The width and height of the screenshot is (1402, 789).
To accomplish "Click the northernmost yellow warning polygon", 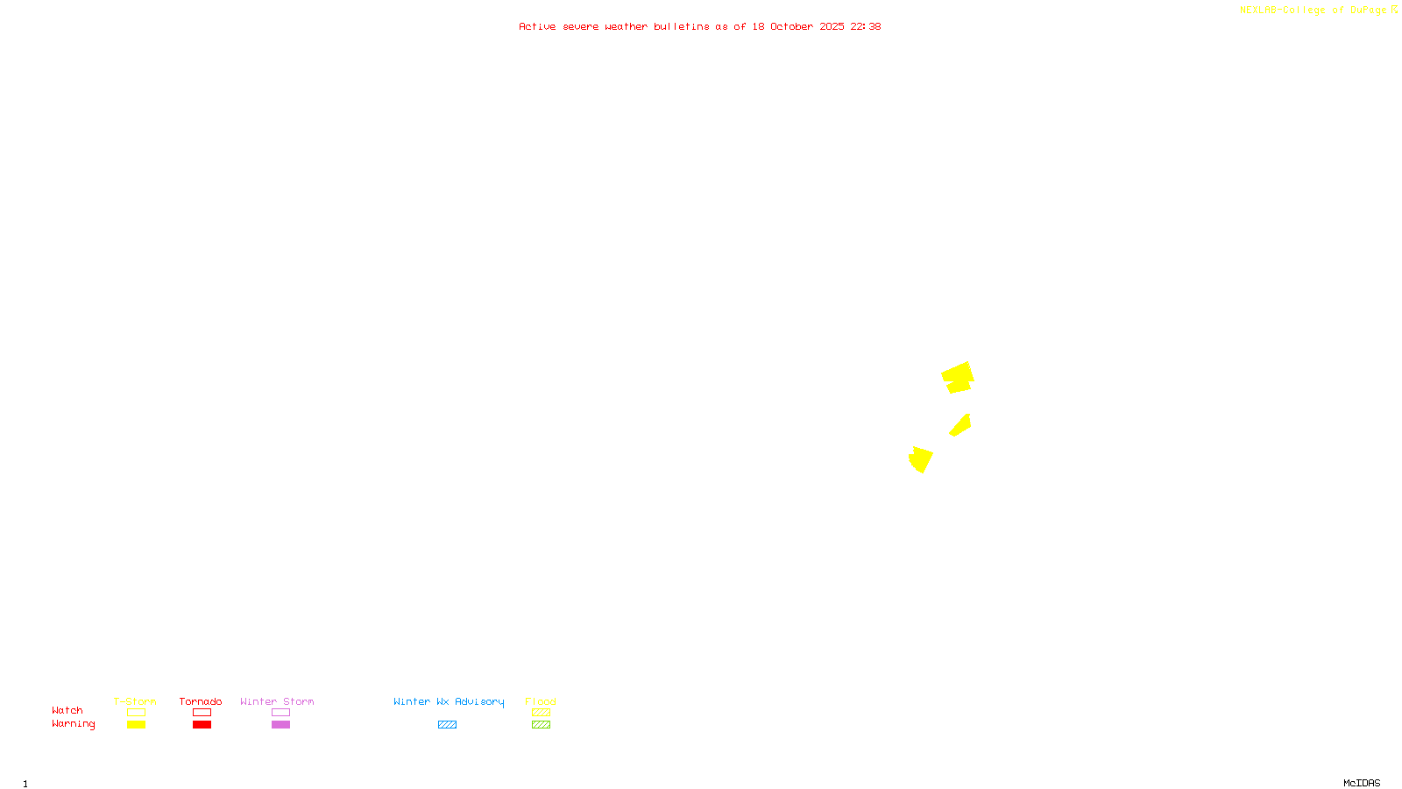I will coord(958,377).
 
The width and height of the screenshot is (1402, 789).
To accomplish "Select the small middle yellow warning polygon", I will coord(961,426).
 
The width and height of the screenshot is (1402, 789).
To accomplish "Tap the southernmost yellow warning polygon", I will coord(920,459).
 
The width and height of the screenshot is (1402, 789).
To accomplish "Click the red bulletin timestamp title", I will coord(699,26).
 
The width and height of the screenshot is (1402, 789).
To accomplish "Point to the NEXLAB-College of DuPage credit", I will coord(1318,10).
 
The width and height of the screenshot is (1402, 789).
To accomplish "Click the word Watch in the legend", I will coord(67,710).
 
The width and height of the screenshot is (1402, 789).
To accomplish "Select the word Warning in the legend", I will coord(73,724).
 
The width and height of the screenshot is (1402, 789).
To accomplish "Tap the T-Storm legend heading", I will coord(135,701).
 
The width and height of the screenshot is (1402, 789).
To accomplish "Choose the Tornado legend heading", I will coord(201,701).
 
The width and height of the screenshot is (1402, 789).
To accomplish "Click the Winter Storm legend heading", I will coord(277,701).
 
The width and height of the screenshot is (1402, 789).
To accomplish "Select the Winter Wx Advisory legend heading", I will coord(449,701).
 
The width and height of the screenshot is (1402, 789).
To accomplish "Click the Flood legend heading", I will coord(541,701).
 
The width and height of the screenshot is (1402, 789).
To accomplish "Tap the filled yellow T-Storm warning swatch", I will coord(136,725).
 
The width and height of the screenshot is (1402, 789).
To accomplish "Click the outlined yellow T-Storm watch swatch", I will coord(136,713).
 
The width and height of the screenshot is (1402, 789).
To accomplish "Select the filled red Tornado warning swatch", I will coord(202,725).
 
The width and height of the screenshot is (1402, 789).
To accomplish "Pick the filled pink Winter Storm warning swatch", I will coord(280,725).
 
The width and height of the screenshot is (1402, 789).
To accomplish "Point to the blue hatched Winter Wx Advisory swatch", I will coord(447,725).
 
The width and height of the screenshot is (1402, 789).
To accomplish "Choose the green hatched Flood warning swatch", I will coord(541,725).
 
